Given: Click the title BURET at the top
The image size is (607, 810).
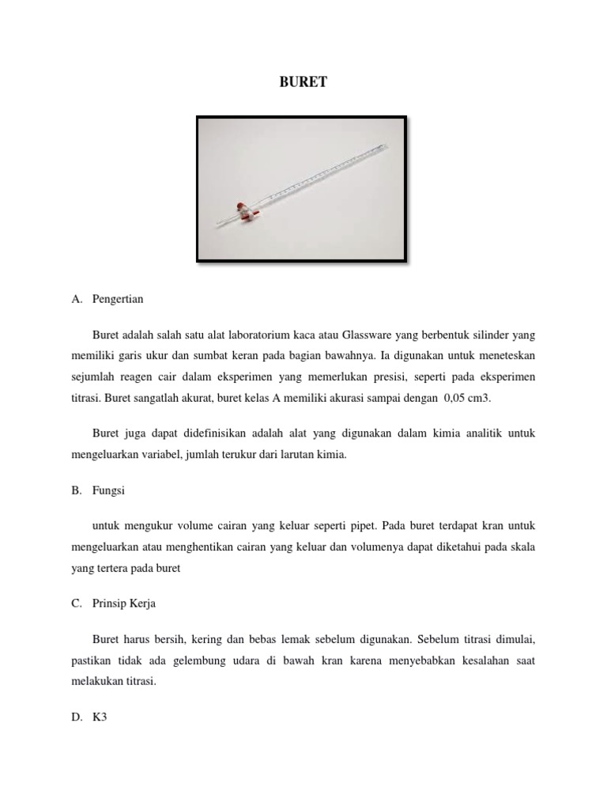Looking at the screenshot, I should [x=303, y=81].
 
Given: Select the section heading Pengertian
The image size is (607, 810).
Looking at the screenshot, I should [x=118, y=300].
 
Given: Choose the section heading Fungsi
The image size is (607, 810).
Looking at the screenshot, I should [x=108, y=490].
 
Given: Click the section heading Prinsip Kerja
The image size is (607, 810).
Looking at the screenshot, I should [x=124, y=604].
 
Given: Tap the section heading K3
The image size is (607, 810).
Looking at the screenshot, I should [x=100, y=717].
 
